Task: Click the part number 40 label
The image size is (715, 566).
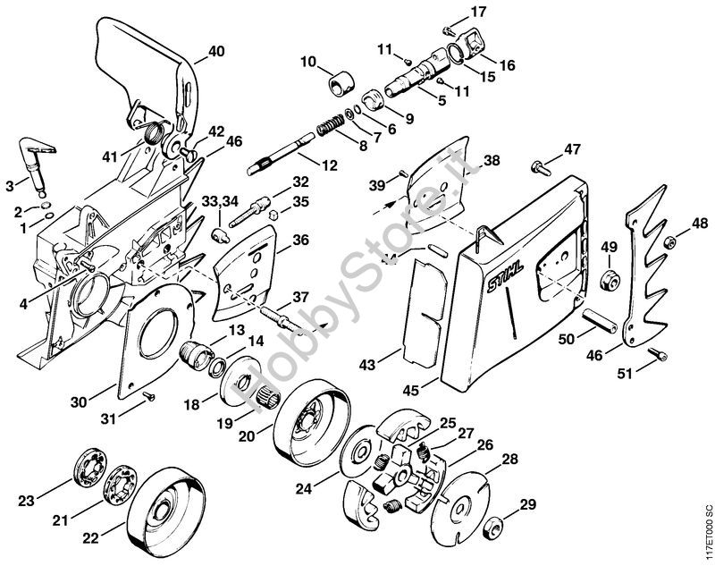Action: [x=215, y=52]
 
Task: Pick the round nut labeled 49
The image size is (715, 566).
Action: [x=609, y=278]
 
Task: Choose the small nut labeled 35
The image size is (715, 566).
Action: [x=273, y=214]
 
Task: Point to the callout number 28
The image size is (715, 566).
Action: [x=509, y=459]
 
